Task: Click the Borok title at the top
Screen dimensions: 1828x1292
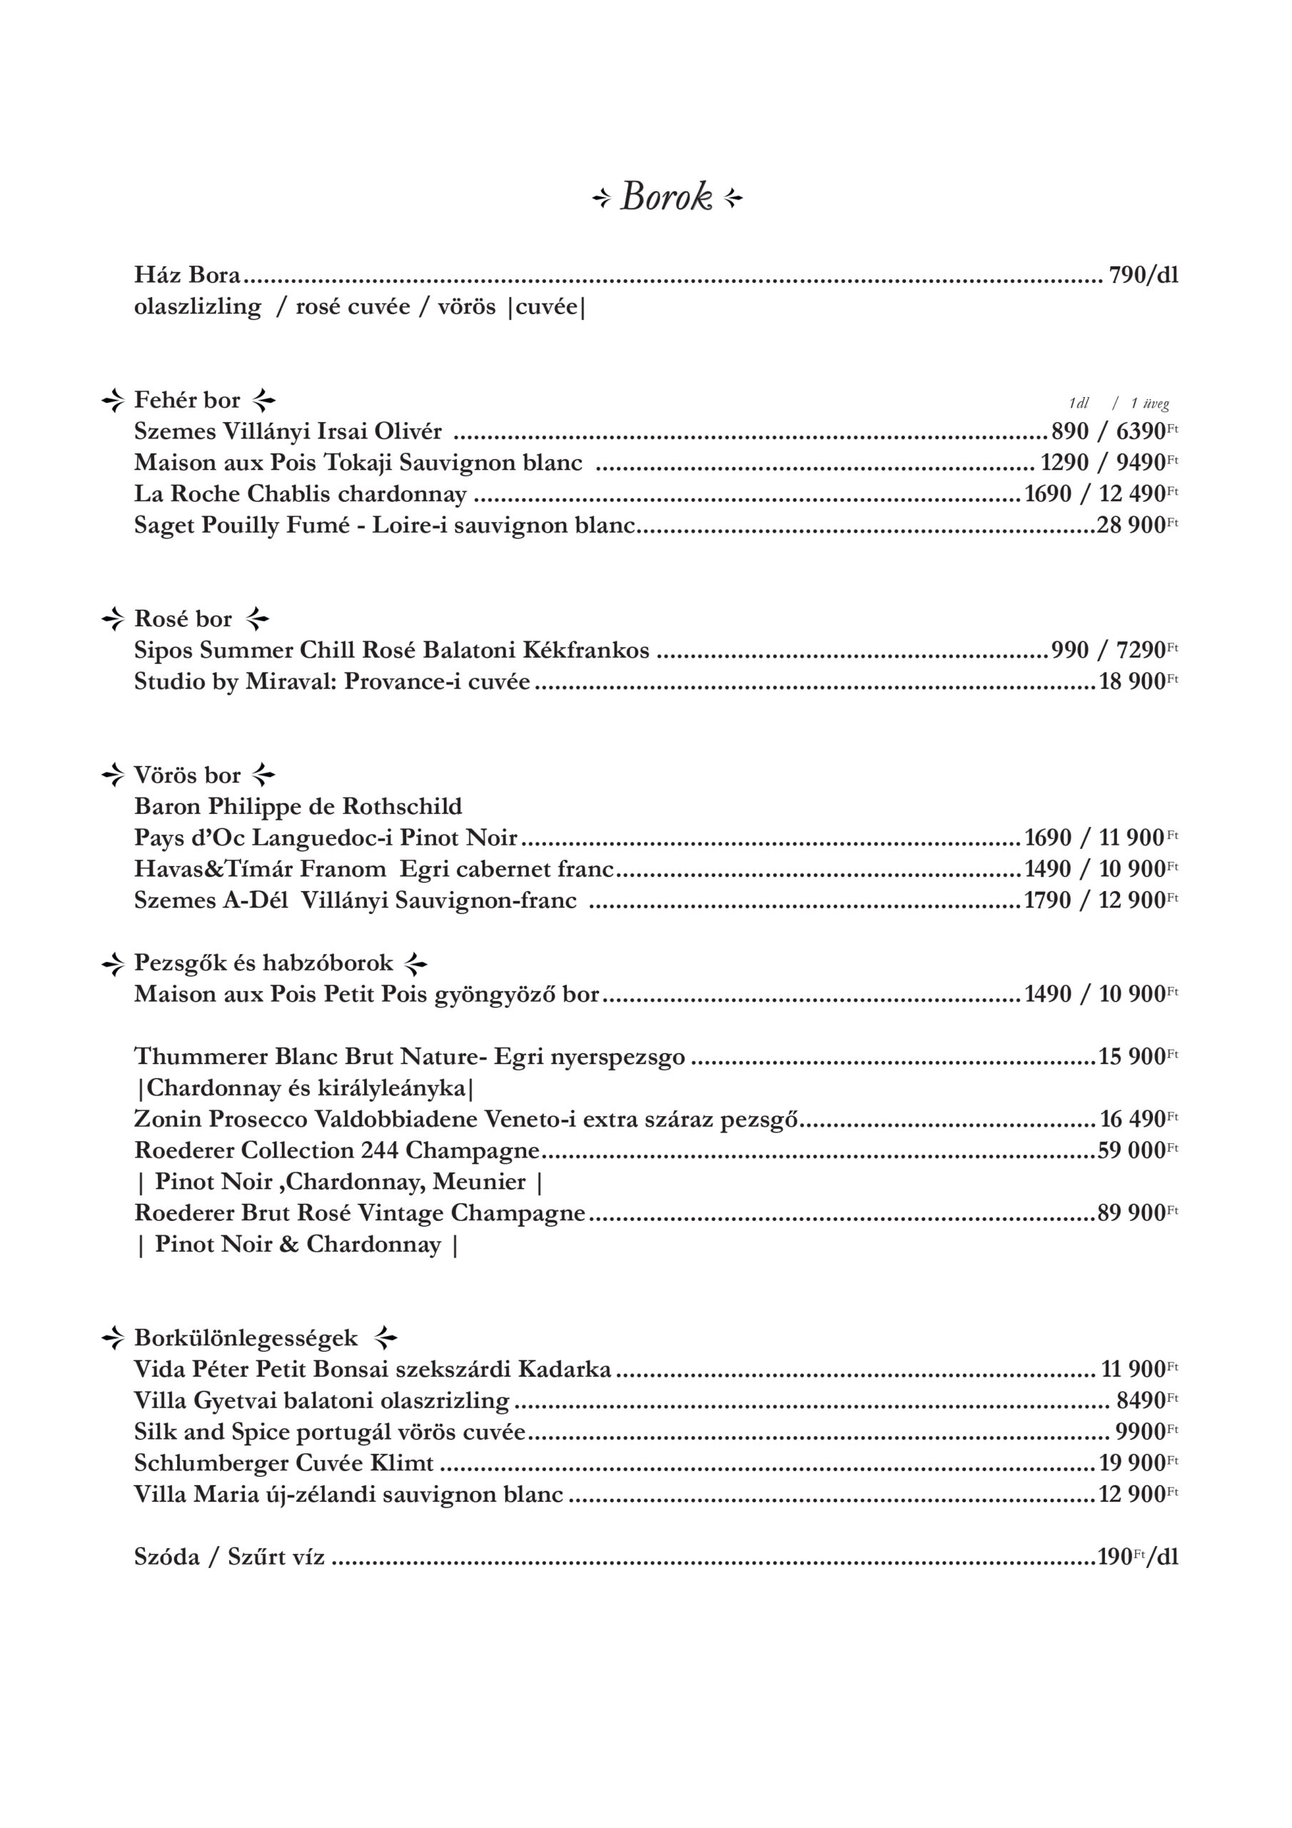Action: click(x=666, y=196)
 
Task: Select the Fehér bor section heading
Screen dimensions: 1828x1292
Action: click(x=187, y=400)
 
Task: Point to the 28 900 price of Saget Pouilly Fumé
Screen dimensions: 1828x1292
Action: click(x=1131, y=526)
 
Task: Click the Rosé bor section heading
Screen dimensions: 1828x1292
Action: click(x=183, y=618)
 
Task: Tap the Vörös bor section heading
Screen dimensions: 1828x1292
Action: click(x=187, y=775)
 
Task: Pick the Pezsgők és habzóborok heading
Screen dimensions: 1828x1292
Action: click(x=263, y=963)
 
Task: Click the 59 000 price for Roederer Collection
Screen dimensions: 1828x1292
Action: click(x=1131, y=1150)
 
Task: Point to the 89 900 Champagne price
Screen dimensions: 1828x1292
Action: click(x=1131, y=1213)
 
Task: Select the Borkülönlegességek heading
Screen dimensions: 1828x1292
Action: click(x=246, y=1338)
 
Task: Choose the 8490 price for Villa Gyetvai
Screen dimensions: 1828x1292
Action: click(x=1141, y=1400)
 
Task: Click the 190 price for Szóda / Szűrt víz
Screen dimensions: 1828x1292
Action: click(x=1114, y=1557)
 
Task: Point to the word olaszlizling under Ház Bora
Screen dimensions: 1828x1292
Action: click(x=198, y=307)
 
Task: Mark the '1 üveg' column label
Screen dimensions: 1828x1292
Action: click(x=1149, y=403)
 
